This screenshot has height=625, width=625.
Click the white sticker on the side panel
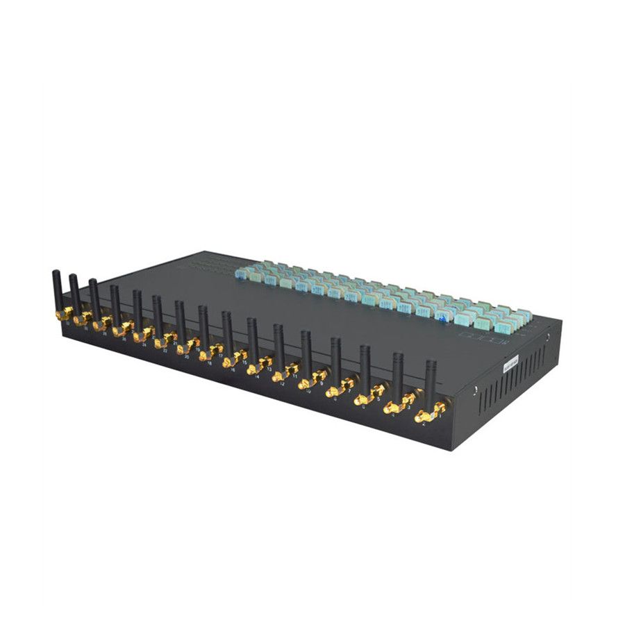tap(510, 361)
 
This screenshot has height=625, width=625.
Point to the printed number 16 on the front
tap(232, 371)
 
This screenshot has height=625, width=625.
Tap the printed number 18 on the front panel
tap(209, 363)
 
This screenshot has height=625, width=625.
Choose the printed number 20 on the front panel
tap(186, 357)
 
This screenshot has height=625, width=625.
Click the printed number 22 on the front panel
tap(165, 351)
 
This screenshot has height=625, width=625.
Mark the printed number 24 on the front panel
tap(144, 344)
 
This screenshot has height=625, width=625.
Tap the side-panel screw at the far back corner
tap(547, 338)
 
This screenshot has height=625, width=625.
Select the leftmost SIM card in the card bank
tap(240, 274)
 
